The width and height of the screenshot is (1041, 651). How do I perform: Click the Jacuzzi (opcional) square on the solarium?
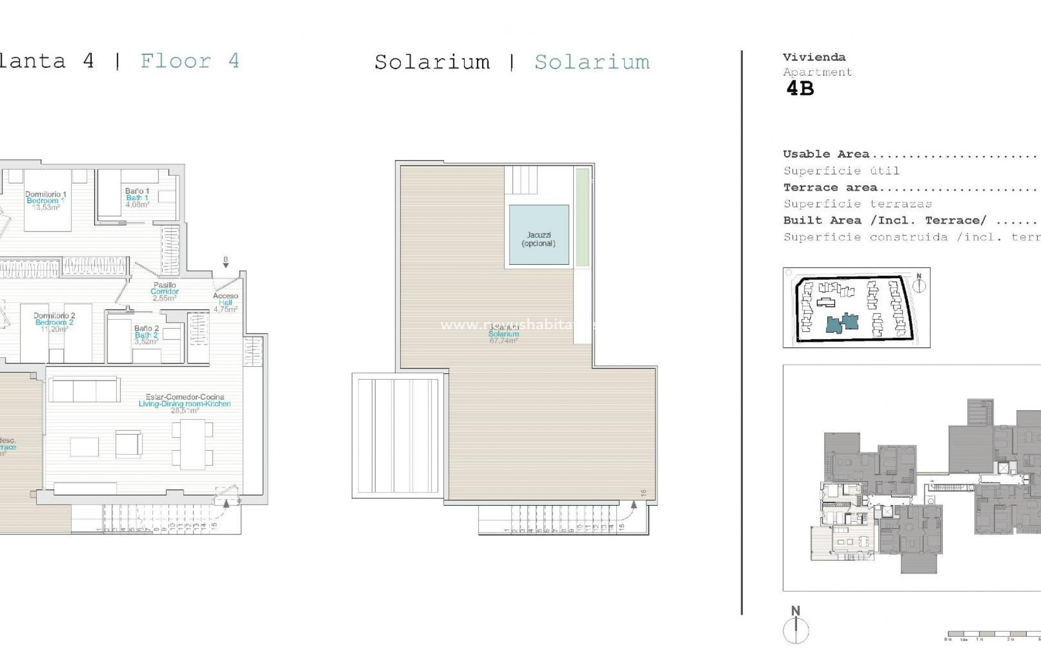(x=539, y=235)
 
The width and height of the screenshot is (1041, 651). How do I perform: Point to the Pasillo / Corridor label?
(x=165, y=291)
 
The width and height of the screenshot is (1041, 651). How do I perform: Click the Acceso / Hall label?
(x=226, y=302)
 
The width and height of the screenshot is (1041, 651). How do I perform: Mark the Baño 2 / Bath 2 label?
(x=146, y=335)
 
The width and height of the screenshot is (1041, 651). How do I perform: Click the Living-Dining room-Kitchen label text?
(x=184, y=404)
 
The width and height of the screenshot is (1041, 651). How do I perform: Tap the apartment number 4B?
(x=800, y=88)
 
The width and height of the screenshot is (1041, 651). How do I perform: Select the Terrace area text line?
(x=830, y=188)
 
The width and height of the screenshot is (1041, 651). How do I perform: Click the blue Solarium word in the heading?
(x=592, y=62)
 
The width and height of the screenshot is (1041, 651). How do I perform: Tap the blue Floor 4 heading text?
(x=190, y=61)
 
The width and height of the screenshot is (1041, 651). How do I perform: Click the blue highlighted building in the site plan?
(x=842, y=323)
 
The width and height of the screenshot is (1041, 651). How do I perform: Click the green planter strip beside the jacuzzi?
(x=582, y=217)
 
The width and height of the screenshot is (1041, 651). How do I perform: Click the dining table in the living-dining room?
(x=193, y=444)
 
